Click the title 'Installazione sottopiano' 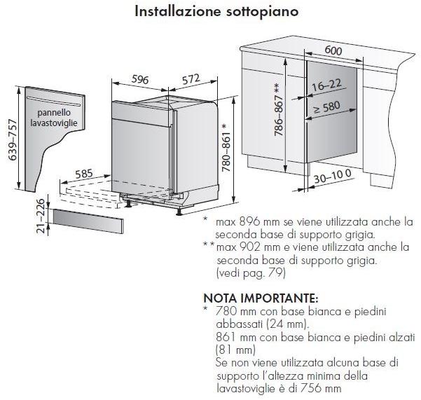click(216, 11)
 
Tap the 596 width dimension click(140, 79)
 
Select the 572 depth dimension click(191, 79)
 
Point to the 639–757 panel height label click(13, 140)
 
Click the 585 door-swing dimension click(84, 174)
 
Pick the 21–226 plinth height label click(40, 216)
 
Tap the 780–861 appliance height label click(226, 148)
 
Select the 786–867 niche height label click(279, 109)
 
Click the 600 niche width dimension click(333, 50)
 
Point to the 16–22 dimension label click(326, 85)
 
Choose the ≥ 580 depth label click(326, 107)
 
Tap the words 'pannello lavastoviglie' click(54, 118)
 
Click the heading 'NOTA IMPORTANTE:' click(261, 298)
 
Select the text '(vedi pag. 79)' click(251, 273)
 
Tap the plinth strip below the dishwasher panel click(88, 221)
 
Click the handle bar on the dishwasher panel click(54, 102)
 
